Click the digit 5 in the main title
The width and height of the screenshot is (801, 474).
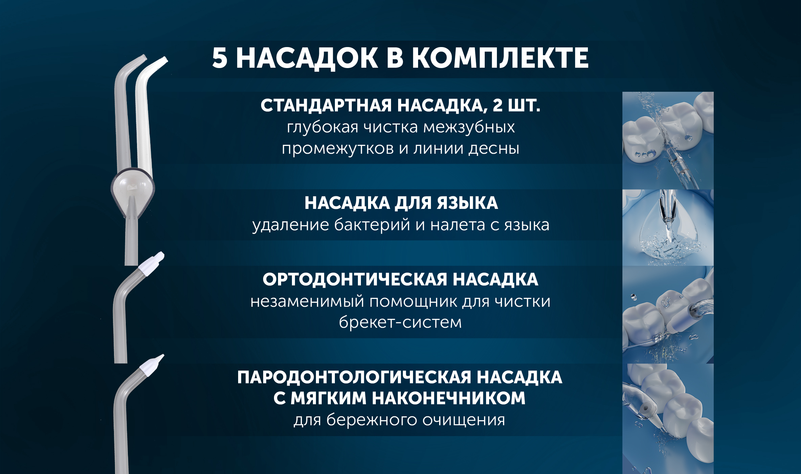pos(220,58)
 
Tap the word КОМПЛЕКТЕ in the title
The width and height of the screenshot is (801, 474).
pos(500,58)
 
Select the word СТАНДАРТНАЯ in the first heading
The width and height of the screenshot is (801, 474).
pos(326,105)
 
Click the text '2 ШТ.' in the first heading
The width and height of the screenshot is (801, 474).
pos(517,105)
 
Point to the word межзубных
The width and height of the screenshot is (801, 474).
pos(469,127)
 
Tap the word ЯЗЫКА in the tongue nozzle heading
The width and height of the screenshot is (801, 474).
pos(467,203)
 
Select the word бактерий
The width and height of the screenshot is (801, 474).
pos(372,224)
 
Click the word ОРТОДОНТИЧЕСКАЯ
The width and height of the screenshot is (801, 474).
pos(355,280)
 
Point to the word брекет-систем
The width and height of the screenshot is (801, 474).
pos(400,322)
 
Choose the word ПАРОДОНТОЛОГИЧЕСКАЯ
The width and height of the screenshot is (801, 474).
pos(354,378)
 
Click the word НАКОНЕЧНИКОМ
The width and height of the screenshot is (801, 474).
pos(449,398)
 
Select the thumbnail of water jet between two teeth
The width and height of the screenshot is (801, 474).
pos(668,141)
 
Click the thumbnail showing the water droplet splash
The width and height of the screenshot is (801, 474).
pos(668,228)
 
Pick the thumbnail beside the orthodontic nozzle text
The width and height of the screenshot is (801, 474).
pos(668,315)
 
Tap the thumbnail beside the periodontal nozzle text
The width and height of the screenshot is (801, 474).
pos(668,419)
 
